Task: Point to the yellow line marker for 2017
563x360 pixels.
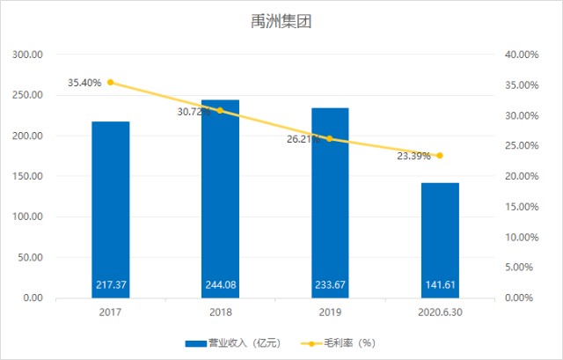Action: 111,83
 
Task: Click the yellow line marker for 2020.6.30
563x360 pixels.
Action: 440,156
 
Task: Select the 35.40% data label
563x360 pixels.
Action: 84,83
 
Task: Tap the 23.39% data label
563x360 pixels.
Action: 413,156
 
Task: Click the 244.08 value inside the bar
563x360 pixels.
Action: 220,285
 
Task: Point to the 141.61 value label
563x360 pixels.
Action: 440,285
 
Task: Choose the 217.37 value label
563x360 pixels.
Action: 111,285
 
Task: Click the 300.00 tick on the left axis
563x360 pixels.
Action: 30,55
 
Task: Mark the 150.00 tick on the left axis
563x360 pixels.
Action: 30,176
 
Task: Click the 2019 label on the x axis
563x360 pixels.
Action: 330,312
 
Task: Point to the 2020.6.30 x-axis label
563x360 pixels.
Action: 440,312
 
